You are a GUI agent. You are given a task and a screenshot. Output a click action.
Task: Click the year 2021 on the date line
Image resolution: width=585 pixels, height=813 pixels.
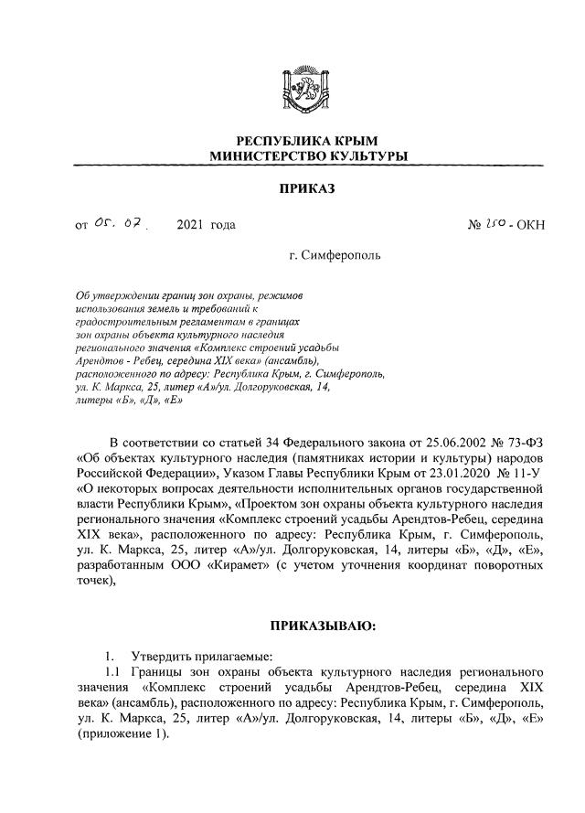point(192,224)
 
